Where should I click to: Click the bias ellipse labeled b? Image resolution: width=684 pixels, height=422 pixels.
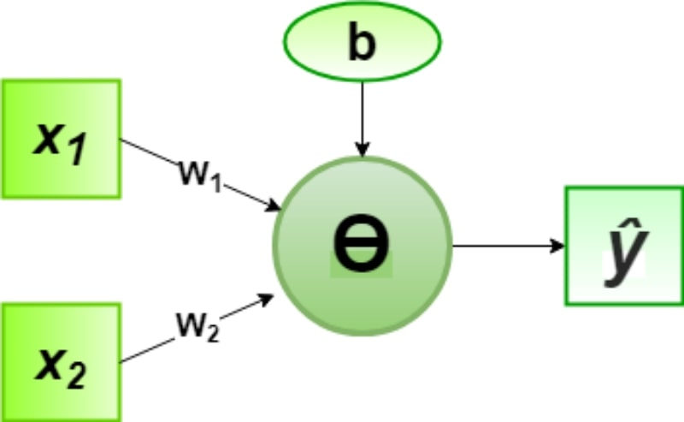point(362,41)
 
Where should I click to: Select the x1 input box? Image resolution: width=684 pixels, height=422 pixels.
point(61,139)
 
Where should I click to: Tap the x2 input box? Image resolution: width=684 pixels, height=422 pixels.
point(61,362)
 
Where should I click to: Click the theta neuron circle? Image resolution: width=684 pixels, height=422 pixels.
point(362,246)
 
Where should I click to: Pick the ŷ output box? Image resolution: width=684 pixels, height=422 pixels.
point(624,246)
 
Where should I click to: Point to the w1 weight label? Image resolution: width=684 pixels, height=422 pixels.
point(200,175)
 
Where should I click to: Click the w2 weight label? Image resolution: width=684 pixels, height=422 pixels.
point(198,326)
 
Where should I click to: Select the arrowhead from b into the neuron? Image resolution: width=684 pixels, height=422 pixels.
point(362,150)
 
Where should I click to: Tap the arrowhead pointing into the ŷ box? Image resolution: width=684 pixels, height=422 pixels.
point(557,246)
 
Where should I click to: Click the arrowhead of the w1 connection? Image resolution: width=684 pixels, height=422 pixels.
point(274,205)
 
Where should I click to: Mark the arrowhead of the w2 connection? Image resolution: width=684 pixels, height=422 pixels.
point(266,300)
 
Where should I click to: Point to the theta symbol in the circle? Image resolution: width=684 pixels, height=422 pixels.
point(361,243)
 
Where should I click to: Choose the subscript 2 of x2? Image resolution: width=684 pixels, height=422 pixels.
point(75,375)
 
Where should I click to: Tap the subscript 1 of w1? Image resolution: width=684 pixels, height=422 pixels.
point(215,183)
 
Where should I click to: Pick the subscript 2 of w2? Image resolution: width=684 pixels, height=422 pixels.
point(212,334)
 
